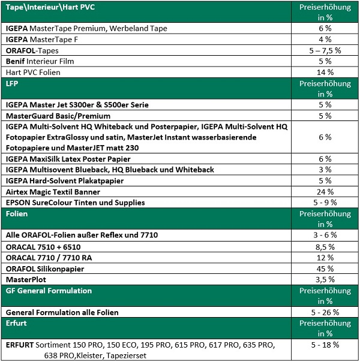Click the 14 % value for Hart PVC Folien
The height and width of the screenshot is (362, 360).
click(x=325, y=73)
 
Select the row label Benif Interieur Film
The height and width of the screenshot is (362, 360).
click(x=40, y=61)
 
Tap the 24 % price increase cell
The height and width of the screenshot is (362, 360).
click(x=325, y=192)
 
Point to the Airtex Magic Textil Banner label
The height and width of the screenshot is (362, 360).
click(x=53, y=192)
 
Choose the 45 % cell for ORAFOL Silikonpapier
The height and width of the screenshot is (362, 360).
click(x=325, y=268)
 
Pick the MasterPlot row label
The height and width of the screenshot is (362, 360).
click(x=26, y=279)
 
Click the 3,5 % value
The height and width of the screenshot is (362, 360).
click(x=325, y=279)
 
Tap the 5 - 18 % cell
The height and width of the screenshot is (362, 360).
click(x=325, y=345)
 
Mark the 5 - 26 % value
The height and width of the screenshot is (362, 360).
click(x=325, y=312)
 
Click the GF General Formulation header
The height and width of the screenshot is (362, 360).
click(x=48, y=291)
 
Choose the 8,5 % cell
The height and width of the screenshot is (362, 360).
click(x=325, y=246)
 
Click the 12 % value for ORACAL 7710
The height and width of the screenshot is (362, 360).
click(x=325, y=257)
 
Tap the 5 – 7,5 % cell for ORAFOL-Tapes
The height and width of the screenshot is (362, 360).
click(x=325, y=50)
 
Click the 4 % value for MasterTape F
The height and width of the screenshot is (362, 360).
click(x=325, y=40)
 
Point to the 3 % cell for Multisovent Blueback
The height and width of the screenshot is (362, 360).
click(x=325, y=170)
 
